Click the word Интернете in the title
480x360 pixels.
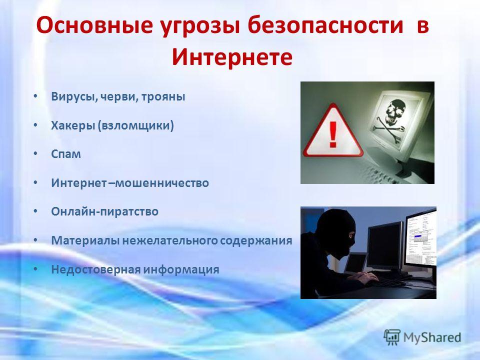(232, 56)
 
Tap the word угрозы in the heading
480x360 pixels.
(199, 25)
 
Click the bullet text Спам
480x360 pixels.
(66, 154)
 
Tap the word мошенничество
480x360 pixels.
(162, 183)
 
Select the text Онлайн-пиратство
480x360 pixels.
(104, 211)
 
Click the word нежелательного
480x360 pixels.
(170, 240)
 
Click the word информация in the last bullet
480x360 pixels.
(181, 269)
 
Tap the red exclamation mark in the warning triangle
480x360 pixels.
(333, 134)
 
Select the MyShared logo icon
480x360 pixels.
(392, 337)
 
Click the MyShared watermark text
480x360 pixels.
(432, 337)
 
